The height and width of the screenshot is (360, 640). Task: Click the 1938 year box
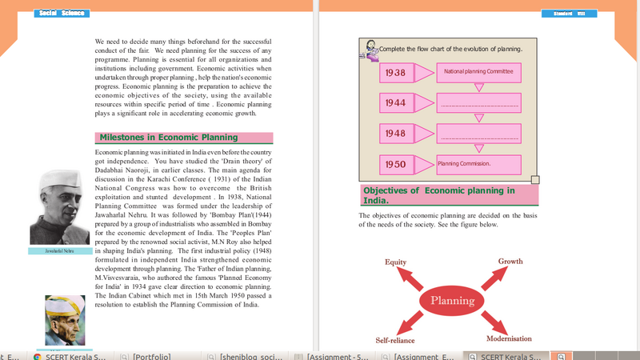pyautogui.click(x=394, y=73)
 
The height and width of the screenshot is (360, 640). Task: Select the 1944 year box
pyautogui.click(x=394, y=103)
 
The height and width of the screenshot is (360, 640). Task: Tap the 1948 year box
pyautogui.click(x=394, y=134)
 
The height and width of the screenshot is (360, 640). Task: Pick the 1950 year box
pyautogui.click(x=394, y=165)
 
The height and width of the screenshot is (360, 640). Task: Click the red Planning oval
pyautogui.click(x=453, y=301)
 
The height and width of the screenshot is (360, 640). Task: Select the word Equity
pyautogui.click(x=396, y=262)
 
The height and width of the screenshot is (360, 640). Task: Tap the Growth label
pyautogui.click(x=510, y=262)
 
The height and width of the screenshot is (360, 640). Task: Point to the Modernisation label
pyautogui.click(x=509, y=339)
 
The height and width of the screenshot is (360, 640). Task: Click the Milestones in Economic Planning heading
pyautogui.click(x=183, y=138)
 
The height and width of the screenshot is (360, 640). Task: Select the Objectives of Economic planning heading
pyautogui.click(x=448, y=195)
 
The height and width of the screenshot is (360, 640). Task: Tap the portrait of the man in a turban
pyautogui.click(x=65, y=320)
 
